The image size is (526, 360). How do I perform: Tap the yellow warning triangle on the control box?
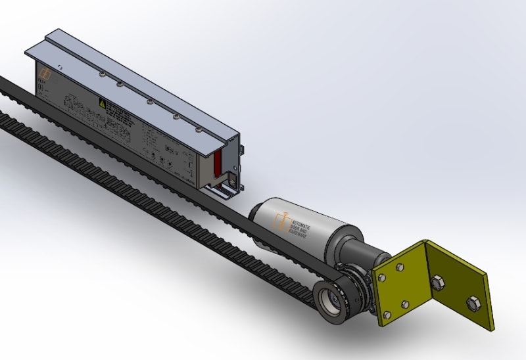pyautogui.click(x=102, y=103)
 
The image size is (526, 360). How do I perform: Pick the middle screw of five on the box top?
pyautogui.click(x=150, y=101)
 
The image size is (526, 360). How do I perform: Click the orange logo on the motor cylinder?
pyautogui.click(x=284, y=221)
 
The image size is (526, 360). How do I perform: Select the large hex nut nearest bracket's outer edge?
pyautogui.click(x=472, y=303)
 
